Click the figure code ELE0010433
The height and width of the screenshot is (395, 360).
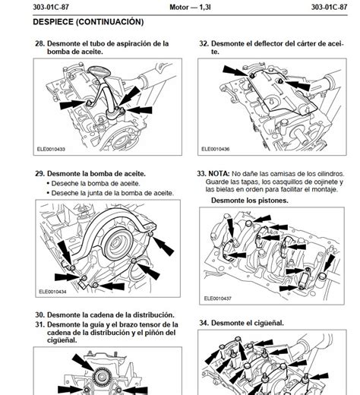(51, 149)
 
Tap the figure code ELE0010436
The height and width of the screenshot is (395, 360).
(216, 149)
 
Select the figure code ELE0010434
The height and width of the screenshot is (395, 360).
(52, 292)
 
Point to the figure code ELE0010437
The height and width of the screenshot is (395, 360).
(218, 299)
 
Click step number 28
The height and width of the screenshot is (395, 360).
(40, 43)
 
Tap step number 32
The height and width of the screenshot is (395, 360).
(204, 43)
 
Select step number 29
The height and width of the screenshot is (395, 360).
(40, 174)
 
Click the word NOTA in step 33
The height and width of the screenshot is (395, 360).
(219, 174)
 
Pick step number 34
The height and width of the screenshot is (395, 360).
(204, 323)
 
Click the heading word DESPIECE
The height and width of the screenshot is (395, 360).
(53, 22)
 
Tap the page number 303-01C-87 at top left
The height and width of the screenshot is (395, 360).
(51, 7)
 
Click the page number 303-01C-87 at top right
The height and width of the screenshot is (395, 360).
(329, 7)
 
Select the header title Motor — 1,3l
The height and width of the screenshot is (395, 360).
(190, 7)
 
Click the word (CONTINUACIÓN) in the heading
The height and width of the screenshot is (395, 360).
(110, 22)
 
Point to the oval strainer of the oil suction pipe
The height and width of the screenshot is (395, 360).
(99, 71)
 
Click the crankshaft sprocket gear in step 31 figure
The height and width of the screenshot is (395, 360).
(101, 378)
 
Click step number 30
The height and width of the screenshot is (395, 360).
(40, 315)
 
